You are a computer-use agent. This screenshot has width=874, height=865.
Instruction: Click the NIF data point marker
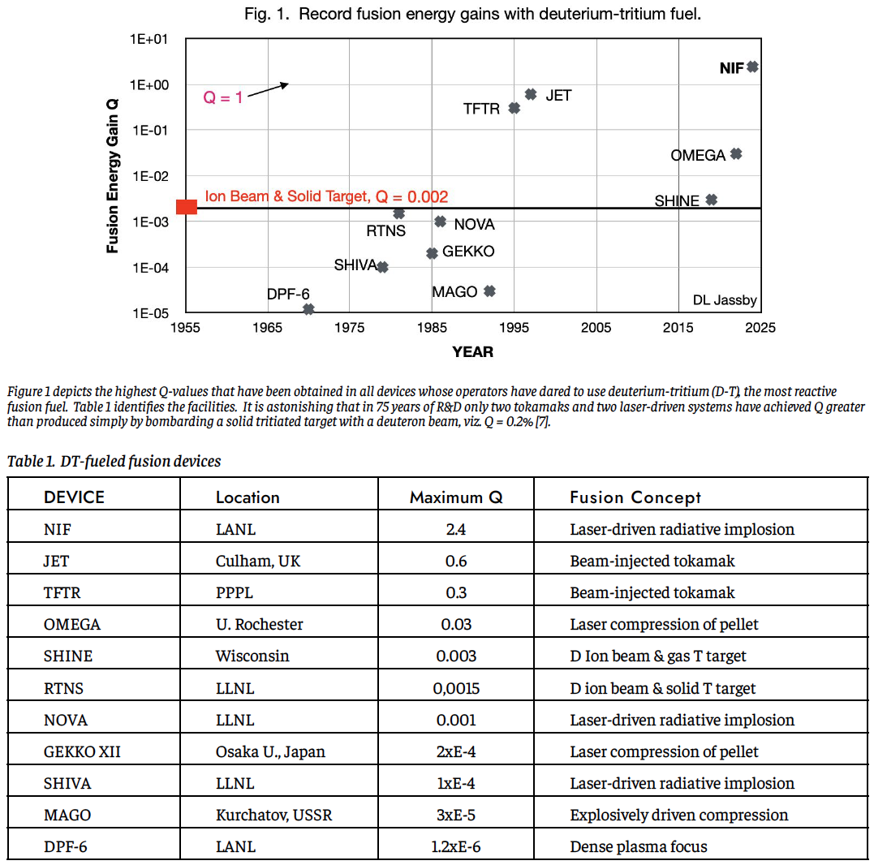click(752, 67)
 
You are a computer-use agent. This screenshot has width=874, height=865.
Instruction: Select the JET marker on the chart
click(531, 94)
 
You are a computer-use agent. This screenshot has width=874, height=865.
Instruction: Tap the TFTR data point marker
click(514, 107)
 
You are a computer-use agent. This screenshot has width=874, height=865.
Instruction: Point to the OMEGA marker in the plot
click(736, 154)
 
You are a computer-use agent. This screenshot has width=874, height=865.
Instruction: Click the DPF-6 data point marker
click(308, 309)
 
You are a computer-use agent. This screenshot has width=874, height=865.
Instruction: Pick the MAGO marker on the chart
click(489, 291)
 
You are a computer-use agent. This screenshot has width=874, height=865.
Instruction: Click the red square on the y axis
click(187, 207)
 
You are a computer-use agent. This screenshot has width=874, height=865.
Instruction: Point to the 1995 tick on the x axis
click(514, 328)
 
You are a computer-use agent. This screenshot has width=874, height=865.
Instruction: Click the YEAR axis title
click(472, 351)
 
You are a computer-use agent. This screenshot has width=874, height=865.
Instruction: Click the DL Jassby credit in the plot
click(724, 300)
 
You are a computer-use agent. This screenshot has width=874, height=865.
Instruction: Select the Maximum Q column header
click(456, 497)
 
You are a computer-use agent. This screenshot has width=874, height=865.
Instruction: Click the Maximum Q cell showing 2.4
click(456, 530)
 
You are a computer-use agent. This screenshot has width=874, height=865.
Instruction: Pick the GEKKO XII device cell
click(82, 751)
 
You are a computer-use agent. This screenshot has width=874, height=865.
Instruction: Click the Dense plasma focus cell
click(638, 847)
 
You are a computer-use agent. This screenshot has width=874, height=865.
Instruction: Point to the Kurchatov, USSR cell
click(273, 815)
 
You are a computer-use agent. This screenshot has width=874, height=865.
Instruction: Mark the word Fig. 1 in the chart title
click(267, 15)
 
